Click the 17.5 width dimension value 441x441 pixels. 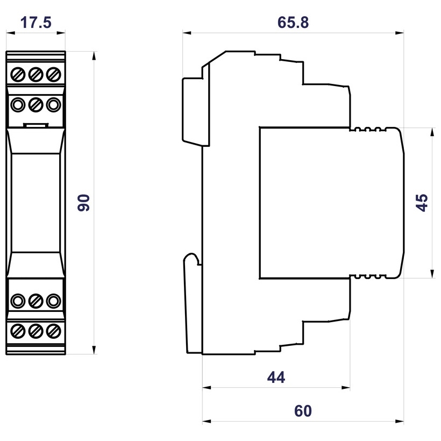click(35, 23)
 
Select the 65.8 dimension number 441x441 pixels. click(293, 23)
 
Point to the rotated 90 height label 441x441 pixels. click(83, 203)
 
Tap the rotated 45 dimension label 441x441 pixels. click(422, 203)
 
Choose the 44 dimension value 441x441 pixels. click(276, 377)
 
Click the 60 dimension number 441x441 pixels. click(303, 411)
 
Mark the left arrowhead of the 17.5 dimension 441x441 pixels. click(10, 33)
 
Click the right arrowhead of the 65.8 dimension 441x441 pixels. click(400, 33)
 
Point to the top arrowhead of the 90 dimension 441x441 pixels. click(94, 56)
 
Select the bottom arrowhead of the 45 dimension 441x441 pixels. click(432, 274)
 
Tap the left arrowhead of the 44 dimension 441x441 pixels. click(207, 388)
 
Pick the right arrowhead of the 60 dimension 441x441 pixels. click(400, 421)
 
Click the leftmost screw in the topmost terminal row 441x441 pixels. click(18, 75)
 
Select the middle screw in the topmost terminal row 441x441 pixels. click(35, 75)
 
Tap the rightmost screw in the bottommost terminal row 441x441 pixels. click(53, 331)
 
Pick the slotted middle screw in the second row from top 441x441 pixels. click(35, 105)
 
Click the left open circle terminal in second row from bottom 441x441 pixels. click(18, 301)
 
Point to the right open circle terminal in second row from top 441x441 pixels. click(53, 105)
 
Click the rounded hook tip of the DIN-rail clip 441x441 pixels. click(191, 254)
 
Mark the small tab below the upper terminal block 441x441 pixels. click(35, 125)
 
